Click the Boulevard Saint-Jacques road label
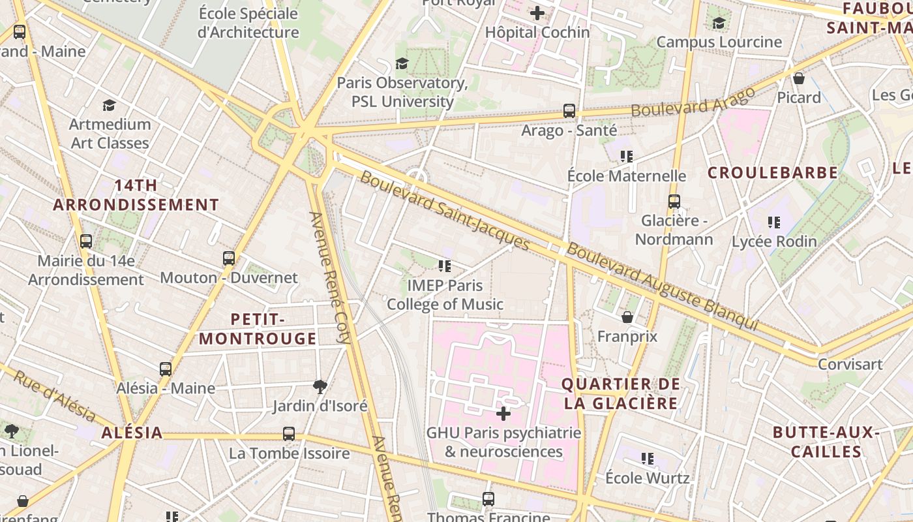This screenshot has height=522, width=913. click(445, 211)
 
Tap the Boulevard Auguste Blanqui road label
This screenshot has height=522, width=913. click(662, 286)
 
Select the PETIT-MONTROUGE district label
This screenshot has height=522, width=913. click(258, 329)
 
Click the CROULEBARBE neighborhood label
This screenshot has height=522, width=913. click(773, 173)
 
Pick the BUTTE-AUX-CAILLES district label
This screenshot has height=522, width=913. click(826, 442)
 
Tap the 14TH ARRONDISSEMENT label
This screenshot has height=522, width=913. click(136, 195)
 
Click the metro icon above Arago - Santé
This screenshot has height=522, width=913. click(569, 111)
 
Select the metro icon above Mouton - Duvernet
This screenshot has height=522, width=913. click(228, 258)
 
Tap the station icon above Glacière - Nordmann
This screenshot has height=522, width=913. click(674, 202)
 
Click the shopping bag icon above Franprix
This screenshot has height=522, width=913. click(627, 318)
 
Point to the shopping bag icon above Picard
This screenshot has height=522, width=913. click(799, 79)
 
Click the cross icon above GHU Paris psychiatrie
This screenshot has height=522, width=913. click(503, 413)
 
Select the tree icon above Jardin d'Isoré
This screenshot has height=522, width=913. click(320, 387)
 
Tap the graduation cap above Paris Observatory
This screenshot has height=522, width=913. click(402, 63)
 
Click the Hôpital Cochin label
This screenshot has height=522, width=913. click(537, 32)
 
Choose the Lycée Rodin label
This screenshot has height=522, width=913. click(774, 241)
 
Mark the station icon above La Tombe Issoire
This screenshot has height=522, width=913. click(289, 433)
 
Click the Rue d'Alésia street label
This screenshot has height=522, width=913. click(55, 396)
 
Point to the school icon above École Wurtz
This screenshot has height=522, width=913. click(647, 459)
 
